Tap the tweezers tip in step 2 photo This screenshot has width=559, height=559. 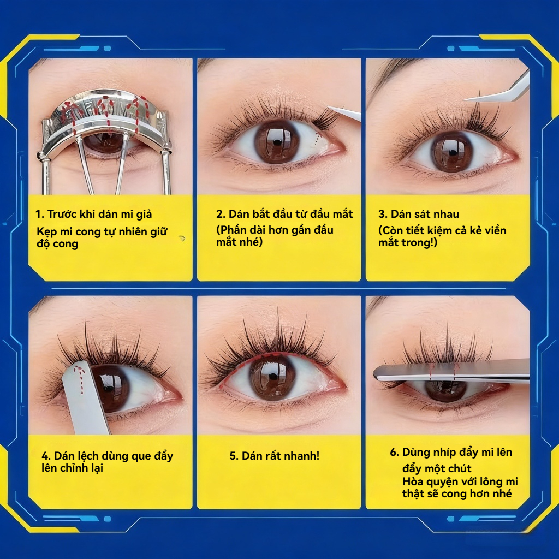[329, 108]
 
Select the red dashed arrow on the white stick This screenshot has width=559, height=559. [80, 380]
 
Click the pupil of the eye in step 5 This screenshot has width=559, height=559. [273, 377]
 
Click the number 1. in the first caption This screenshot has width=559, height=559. [39, 214]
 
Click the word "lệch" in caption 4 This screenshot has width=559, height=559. [87, 456]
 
